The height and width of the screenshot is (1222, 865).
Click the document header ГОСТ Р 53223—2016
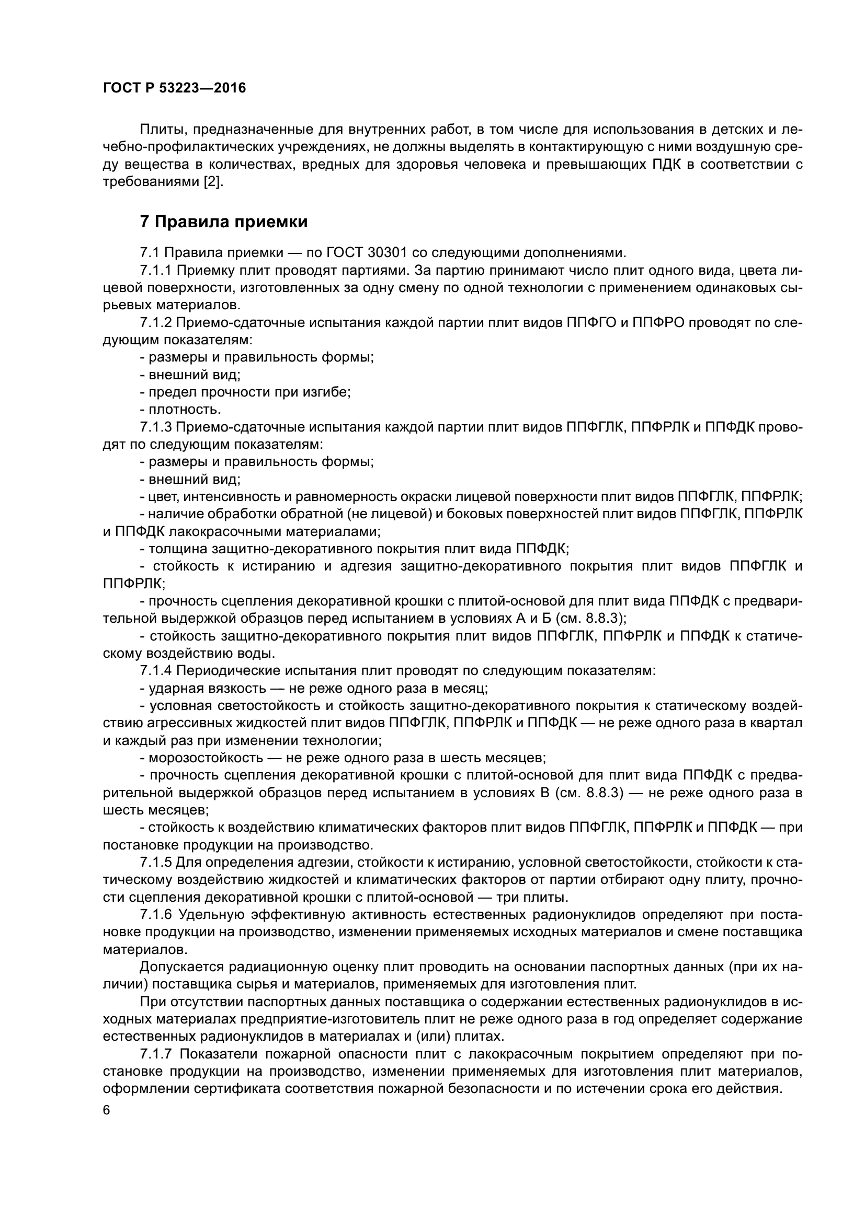[x=174, y=88]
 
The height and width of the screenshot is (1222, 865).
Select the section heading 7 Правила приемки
[x=224, y=222]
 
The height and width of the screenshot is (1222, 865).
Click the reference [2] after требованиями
[x=214, y=182]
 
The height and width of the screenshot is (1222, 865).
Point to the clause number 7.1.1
[x=155, y=271]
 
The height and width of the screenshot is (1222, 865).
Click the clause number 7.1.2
[x=155, y=323]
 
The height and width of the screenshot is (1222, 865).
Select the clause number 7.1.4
[x=155, y=671]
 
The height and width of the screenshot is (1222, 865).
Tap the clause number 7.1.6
[x=156, y=915]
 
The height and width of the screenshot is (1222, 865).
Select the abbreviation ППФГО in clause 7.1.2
[x=588, y=323]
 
